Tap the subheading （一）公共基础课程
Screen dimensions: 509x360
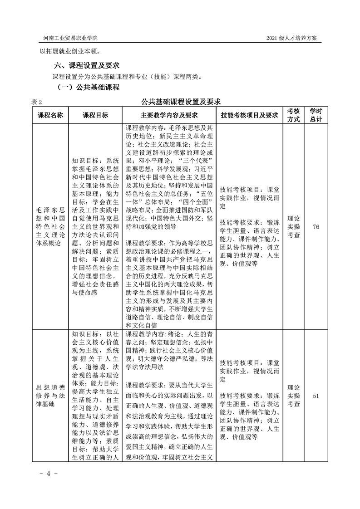[88, 87]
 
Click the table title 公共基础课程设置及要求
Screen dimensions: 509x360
[180, 101]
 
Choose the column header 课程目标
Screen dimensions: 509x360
[95, 115]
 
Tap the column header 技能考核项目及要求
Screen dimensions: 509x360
[249, 115]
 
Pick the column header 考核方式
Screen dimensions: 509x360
[293, 115]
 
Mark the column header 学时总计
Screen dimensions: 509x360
[316, 115]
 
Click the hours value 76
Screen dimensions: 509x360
[316, 226]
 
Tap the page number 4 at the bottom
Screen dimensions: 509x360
[48, 473]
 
